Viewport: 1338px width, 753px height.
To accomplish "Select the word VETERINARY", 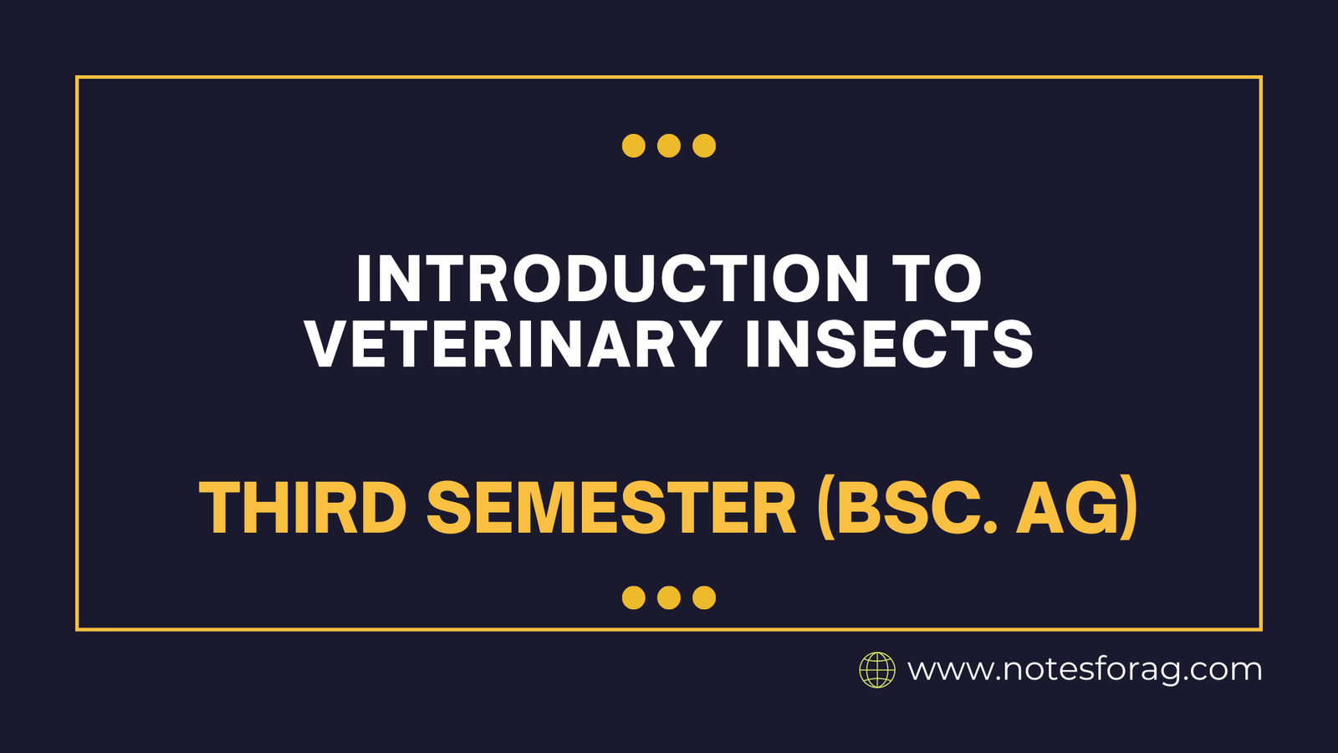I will pos(513,344).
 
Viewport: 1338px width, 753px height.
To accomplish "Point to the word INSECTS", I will pos(889,344).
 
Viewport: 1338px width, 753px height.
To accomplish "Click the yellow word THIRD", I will pos(303,508).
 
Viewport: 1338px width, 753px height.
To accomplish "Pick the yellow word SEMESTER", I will pos(611,508).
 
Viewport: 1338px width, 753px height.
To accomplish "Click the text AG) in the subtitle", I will pos(1077,508).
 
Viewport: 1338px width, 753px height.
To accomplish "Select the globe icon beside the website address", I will pos(877,670).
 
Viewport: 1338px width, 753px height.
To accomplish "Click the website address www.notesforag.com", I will pos(1085,670).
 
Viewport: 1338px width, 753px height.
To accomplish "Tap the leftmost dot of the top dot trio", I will pos(634,146).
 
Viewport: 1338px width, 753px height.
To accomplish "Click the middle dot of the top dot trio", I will pos(669,146).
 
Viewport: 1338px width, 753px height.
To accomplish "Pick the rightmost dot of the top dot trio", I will pos(704,146).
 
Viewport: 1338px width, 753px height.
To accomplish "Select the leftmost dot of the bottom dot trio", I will pos(634,597).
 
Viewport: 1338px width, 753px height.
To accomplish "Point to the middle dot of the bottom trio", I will pos(669,597).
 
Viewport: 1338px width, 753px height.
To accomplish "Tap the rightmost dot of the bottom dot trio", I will pos(704,597).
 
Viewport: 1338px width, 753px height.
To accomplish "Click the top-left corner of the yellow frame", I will pos(77,78).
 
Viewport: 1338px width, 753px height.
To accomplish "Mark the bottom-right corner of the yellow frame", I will pos(1260,629).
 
